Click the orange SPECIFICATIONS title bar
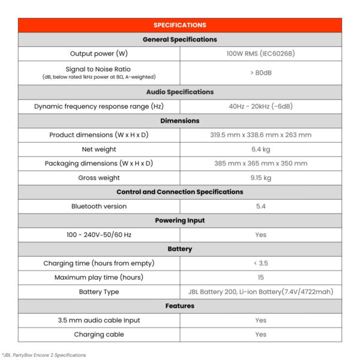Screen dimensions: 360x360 pyautogui.click(x=179, y=25)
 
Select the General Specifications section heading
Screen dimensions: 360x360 pyautogui.click(x=179, y=40)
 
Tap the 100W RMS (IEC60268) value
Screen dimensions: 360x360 pyautogui.click(x=260, y=53)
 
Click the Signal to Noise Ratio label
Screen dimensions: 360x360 pyautogui.click(x=98, y=69)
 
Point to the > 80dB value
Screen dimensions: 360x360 pyautogui.click(x=260, y=73)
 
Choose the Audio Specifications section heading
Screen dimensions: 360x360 pyautogui.click(x=179, y=92)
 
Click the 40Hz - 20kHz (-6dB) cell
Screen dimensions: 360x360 pyautogui.click(x=260, y=106)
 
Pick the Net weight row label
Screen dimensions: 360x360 pyautogui.click(x=98, y=149)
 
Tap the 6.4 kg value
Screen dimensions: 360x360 pyautogui.click(x=260, y=149)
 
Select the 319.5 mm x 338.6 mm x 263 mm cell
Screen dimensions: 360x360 pyautogui.click(x=260, y=135)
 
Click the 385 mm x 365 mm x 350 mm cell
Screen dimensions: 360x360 pyautogui.click(x=260, y=163)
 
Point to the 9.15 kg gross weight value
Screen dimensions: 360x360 pyautogui.click(x=260, y=178)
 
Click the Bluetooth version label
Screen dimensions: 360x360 pyautogui.click(x=98, y=206)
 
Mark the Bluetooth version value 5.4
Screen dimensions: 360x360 pyautogui.click(x=260, y=206)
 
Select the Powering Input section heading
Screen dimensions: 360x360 pyautogui.click(x=179, y=220)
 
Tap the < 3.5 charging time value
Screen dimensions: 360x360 pyautogui.click(x=260, y=263)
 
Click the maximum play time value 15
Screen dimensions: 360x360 pyautogui.click(x=260, y=277)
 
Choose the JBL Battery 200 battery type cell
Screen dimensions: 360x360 pyautogui.click(x=260, y=292)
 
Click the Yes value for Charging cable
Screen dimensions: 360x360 pyautogui.click(x=260, y=335)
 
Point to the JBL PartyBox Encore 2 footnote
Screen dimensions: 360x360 pyautogui.click(x=43, y=355)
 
